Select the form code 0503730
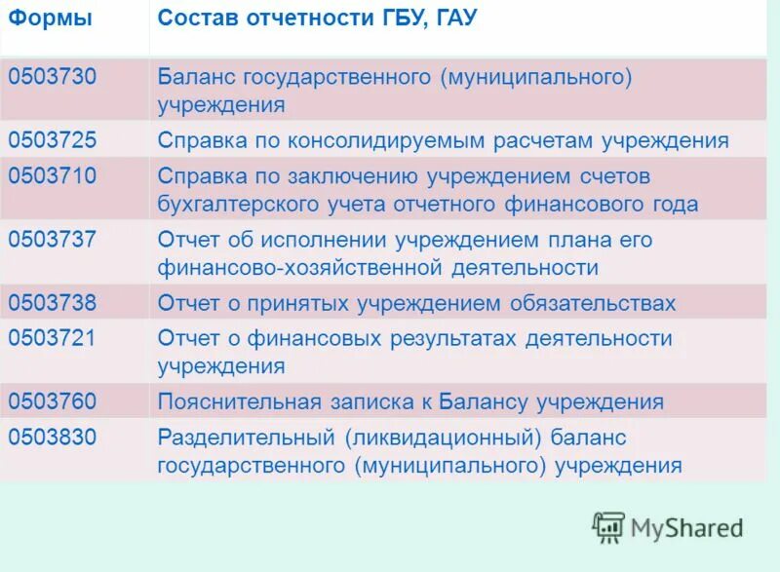pyautogui.click(x=53, y=78)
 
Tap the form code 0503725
pyautogui.click(x=53, y=140)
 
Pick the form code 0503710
pyautogui.click(x=53, y=176)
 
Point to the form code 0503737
pyautogui.click(x=53, y=239)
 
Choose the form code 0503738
pyautogui.click(x=53, y=303)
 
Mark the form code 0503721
pyautogui.click(x=53, y=338)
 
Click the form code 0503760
pyautogui.click(x=53, y=401)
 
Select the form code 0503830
pyautogui.click(x=53, y=437)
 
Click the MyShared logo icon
pyautogui.click(x=608, y=527)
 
